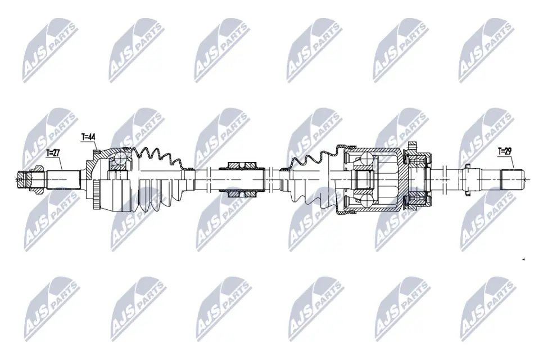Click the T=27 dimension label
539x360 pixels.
pos(53,152)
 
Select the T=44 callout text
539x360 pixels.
pos(88,137)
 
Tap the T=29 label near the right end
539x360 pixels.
pos(505,151)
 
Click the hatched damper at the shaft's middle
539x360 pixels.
pos(243,179)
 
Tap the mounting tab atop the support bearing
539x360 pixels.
pos(414,146)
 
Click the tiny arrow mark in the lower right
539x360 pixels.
pos(523,259)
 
